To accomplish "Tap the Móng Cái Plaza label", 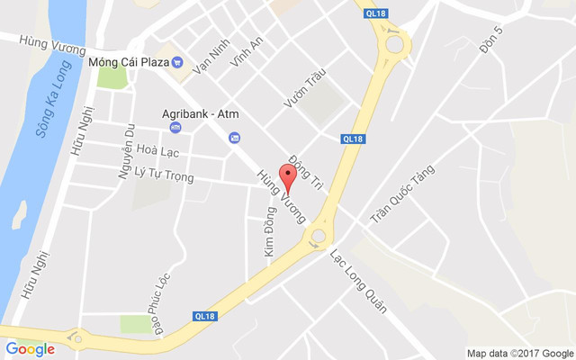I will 130,63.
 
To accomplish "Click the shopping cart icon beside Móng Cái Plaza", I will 178,63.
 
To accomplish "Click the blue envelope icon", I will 234,138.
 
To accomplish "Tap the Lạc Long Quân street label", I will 359,280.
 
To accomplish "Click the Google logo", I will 30,349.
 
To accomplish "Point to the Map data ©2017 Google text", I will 519,353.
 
